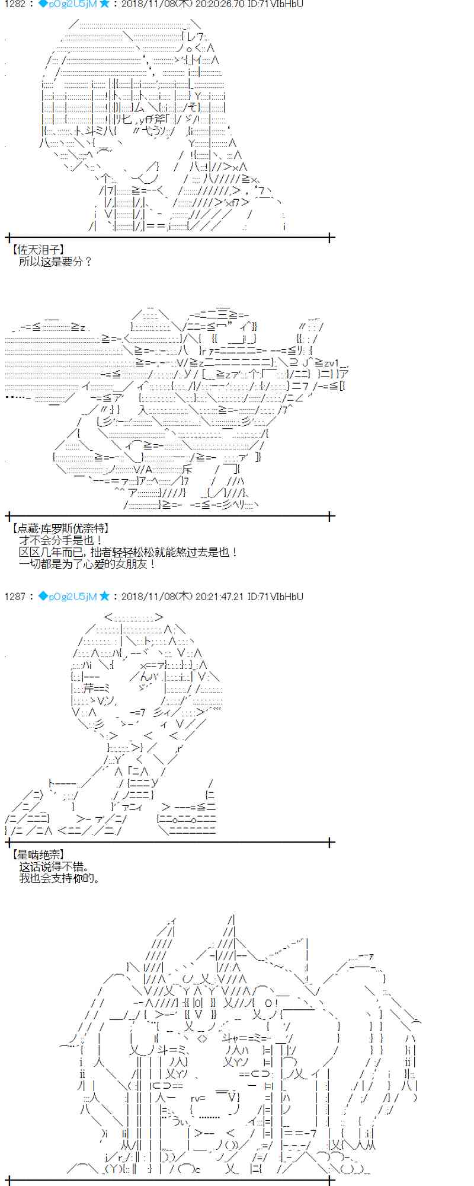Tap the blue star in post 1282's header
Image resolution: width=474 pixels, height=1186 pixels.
tap(104, 5)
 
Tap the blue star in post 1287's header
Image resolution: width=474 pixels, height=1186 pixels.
tap(104, 597)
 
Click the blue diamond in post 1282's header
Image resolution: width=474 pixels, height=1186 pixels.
tap(43, 5)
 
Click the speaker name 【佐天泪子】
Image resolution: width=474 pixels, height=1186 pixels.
tap(37, 250)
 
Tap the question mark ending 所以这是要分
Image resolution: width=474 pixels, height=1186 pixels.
tap(88, 262)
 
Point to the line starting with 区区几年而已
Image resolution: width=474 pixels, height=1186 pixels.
tap(128, 552)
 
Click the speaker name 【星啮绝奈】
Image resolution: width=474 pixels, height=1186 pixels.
tap(37, 855)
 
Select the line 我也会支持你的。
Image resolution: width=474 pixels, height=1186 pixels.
tap(60, 878)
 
